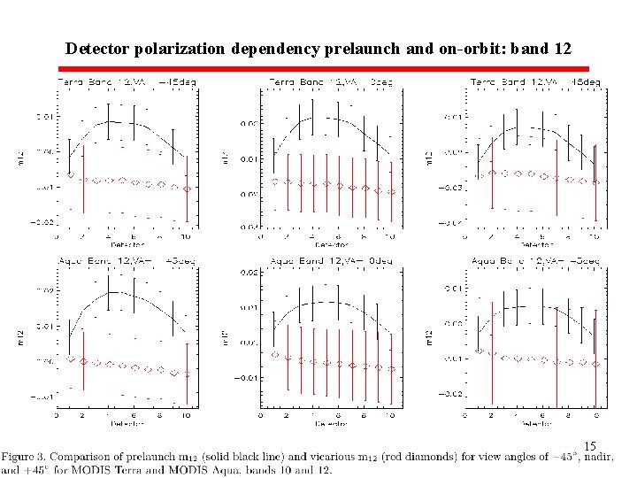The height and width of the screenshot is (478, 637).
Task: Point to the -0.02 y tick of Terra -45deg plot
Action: tap(42, 222)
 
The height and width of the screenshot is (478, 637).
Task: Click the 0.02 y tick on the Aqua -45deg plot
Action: tap(42, 289)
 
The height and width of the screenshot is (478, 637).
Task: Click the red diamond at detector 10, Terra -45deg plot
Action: tap(187, 189)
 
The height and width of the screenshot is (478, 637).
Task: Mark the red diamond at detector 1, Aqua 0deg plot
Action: tap(275, 355)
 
